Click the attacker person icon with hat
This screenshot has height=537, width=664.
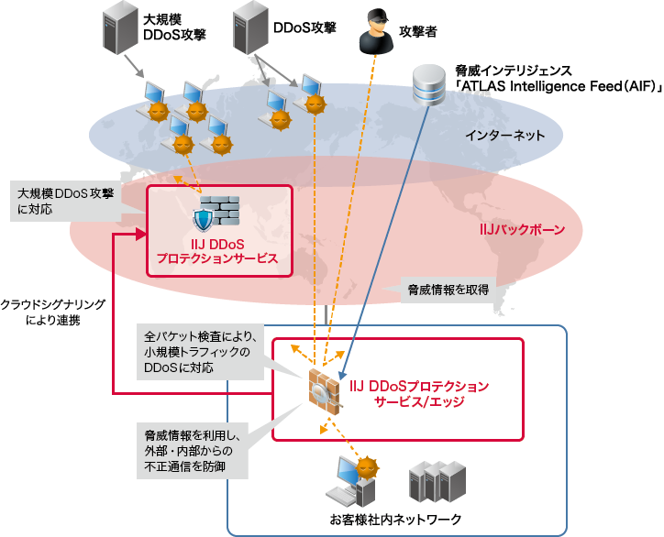pos(373,29)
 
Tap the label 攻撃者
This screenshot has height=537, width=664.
pos(417,30)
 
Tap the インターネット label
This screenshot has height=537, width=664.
pos(504,136)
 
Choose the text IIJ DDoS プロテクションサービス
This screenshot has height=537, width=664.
pos(217,252)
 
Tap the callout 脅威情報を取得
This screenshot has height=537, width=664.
pos(448,290)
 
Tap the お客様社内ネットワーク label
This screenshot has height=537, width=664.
pos(396,520)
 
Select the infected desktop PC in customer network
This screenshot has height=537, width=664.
pos(352,481)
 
